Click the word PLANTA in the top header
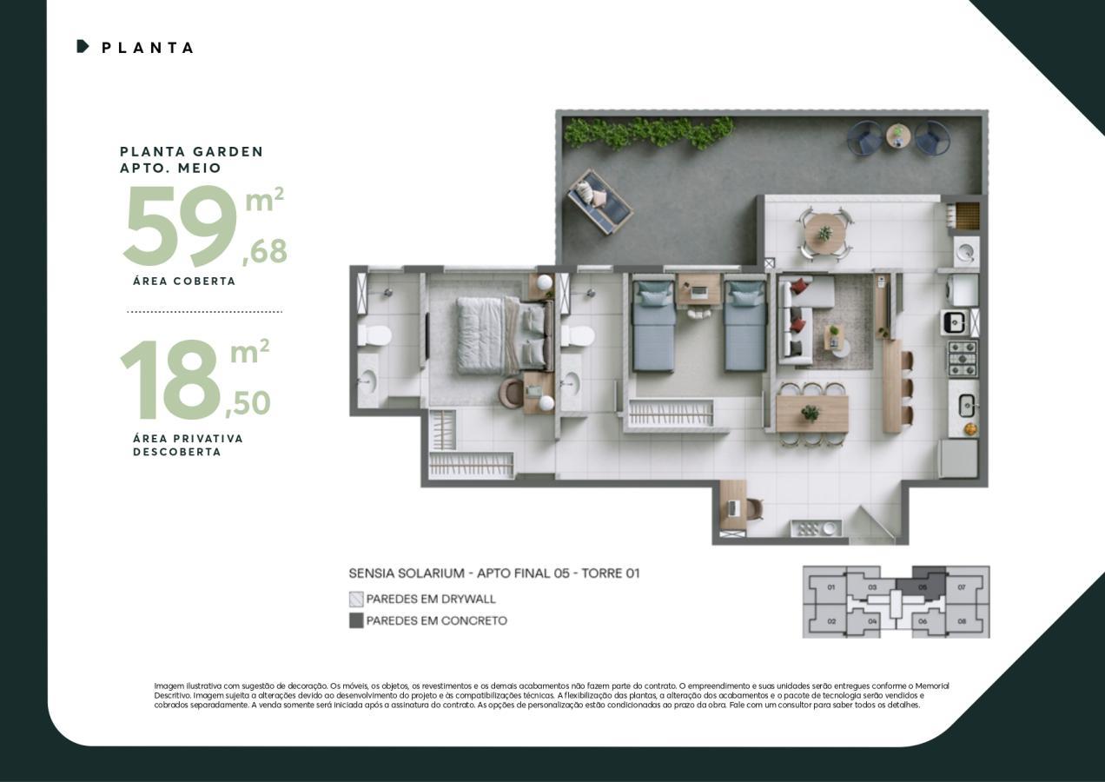(x=148, y=48)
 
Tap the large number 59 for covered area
(x=181, y=226)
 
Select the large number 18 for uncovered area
(x=170, y=381)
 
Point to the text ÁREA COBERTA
(x=184, y=282)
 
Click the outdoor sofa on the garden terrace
(x=599, y=202)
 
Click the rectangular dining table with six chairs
(x=811, y=414)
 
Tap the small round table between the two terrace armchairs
(x=898, y=136)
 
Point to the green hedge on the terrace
(x=647, y=132)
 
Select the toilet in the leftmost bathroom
(x=375, y=335)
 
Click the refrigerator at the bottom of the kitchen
(x=958, y=458)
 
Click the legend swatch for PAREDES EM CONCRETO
(x=356, y=620)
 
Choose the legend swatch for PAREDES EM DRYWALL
(x=356, y=599)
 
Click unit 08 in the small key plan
(x=962, y=620)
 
